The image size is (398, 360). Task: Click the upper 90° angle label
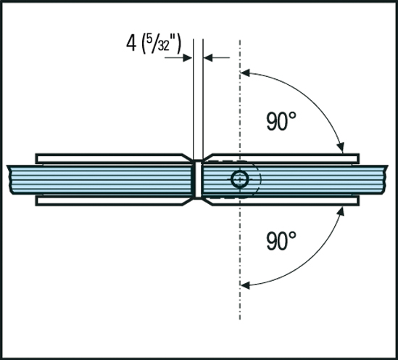[x=281, y=121]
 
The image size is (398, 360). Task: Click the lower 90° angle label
[x=281, y=240]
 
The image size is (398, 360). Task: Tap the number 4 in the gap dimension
[x=131, y=44]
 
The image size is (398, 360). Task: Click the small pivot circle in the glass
[x=240, y=179]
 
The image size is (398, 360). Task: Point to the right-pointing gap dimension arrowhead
[x=188, y=57]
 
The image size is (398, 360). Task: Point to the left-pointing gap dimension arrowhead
[x=208, y=57]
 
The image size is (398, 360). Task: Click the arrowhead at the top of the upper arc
[x=245, y=73]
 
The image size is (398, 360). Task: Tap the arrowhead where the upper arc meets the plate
[x=341, y=147]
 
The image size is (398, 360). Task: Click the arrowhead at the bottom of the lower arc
[x=245, y=285]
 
